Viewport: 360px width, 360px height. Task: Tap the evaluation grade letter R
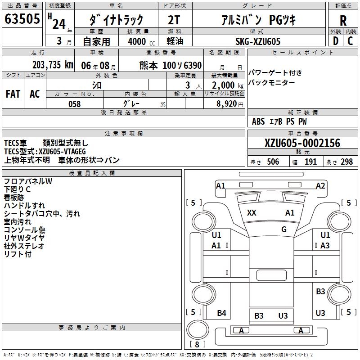pos(343,21)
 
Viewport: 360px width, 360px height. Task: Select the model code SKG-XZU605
pos(258,41)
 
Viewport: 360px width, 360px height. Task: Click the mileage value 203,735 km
pos(53,65)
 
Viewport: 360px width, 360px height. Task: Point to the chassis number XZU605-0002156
pos(302,144)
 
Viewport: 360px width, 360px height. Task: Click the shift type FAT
pos(13,94)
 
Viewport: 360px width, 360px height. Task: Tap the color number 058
pos(74,104)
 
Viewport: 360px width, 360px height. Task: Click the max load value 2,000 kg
pos(228,85)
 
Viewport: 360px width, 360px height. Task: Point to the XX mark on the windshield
pos(252,213)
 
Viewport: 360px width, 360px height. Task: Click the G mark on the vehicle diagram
pos(284,229)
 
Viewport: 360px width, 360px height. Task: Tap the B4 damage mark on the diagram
pos(221,313)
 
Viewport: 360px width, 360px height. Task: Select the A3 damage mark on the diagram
pos(325,245)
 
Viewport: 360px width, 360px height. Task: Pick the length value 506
pos(272,162)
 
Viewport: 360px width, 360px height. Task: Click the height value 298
pos(346,162)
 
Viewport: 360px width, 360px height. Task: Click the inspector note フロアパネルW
pos(28,181)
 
